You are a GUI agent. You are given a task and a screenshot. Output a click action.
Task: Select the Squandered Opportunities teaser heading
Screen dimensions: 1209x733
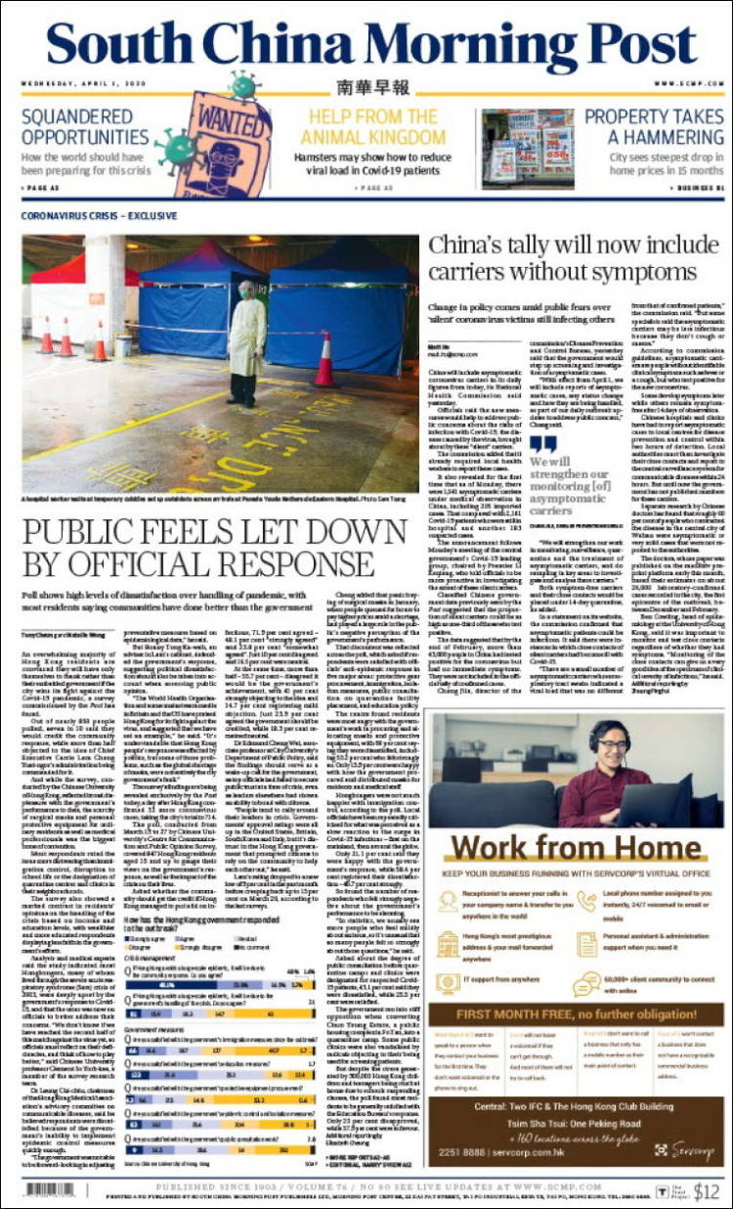tap(85, 127)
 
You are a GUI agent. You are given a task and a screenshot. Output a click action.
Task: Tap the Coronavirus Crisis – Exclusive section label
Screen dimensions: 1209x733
tap(93, 213)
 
